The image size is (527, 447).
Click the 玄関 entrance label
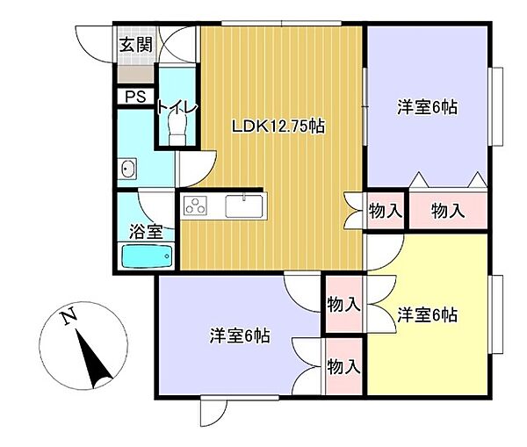point(136,45)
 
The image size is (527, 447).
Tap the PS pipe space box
point(136,97)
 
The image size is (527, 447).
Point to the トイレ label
point(177,107)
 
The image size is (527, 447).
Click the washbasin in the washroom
point(127,168)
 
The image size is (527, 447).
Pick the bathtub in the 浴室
point(147,256)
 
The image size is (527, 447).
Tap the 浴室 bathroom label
point(146,232)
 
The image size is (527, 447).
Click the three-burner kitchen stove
point(195,206)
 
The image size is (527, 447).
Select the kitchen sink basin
point(244,206)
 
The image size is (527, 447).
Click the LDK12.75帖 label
point(278,126)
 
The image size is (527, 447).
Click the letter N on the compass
point(69,316)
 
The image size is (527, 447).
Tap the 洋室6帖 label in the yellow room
point(427,315)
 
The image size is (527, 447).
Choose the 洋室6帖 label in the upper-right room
point(427,107)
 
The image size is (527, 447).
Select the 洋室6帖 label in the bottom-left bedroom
point(240,335)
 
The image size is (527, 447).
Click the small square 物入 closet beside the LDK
point(386,212)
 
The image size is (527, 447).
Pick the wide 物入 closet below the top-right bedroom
point(448,212)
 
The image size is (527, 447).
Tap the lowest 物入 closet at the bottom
point(343,366)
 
